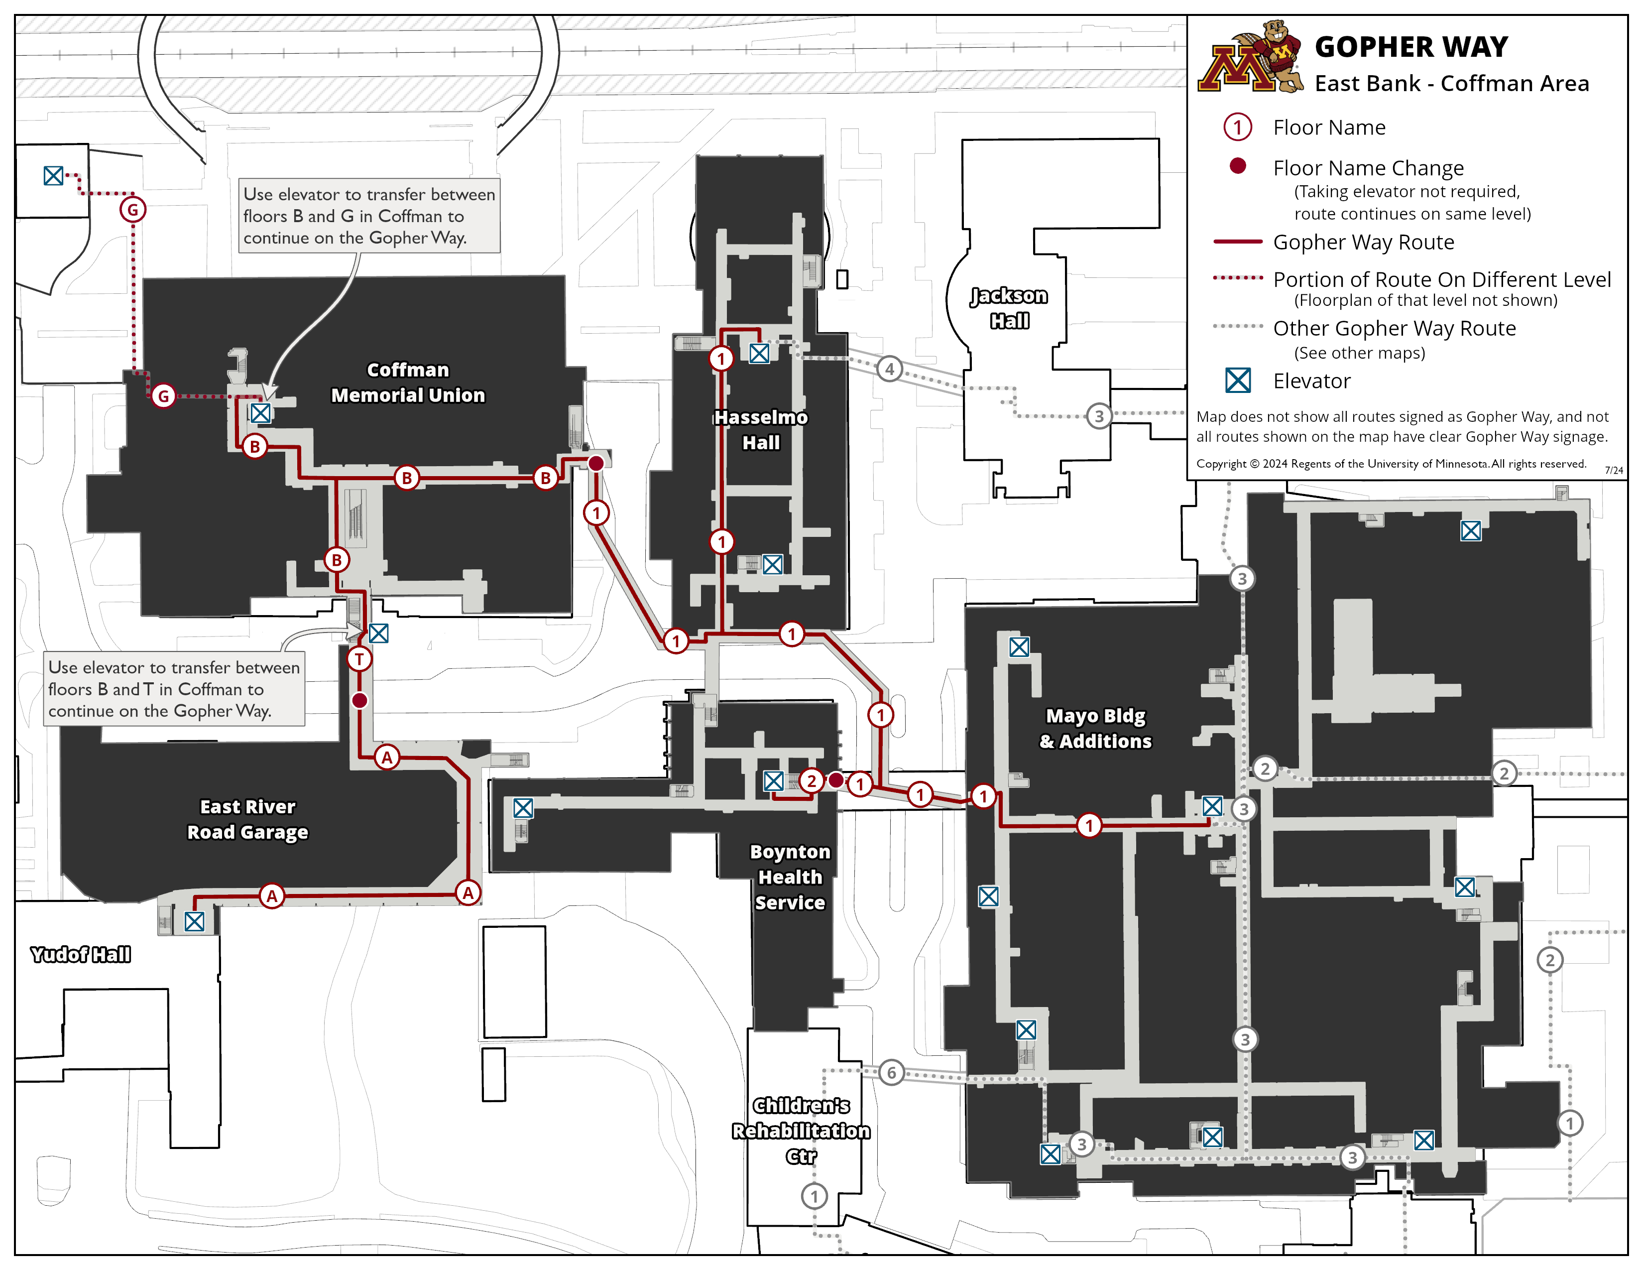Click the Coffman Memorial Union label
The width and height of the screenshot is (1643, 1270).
(x=408, y=382)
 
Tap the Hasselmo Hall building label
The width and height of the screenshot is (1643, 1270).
(x=761, y=430)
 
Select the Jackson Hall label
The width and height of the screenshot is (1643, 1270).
(x=1009, y=308)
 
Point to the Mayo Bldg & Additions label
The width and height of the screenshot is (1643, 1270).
(x=1095, y=728)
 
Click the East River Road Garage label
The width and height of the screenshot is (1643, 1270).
(x=247, y=819)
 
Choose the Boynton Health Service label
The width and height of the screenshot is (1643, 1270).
(x=790, y=877)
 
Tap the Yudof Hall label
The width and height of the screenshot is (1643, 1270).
(x=81, y=954)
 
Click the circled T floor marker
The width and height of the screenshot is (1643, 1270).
(x=359, y=659)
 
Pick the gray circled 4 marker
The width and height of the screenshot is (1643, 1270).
(x=890, y=369)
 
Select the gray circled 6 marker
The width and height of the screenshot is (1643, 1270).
(x=892, y=1072)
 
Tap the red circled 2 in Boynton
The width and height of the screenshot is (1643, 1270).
(x=811, y=781)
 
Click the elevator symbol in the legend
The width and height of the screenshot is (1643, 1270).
(x=1238, y=381)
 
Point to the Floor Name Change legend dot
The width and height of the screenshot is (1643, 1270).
(x=1238, y=166)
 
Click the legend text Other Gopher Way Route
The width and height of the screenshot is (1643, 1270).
(x=1394, y=328)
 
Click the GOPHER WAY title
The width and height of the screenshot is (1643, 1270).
(x=1410, y=47)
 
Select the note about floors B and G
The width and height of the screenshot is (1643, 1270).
(x=368, y=216)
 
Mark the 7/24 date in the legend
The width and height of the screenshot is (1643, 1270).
(x=1614, y=470)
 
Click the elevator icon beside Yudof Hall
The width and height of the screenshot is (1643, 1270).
(x=194, y=922)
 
